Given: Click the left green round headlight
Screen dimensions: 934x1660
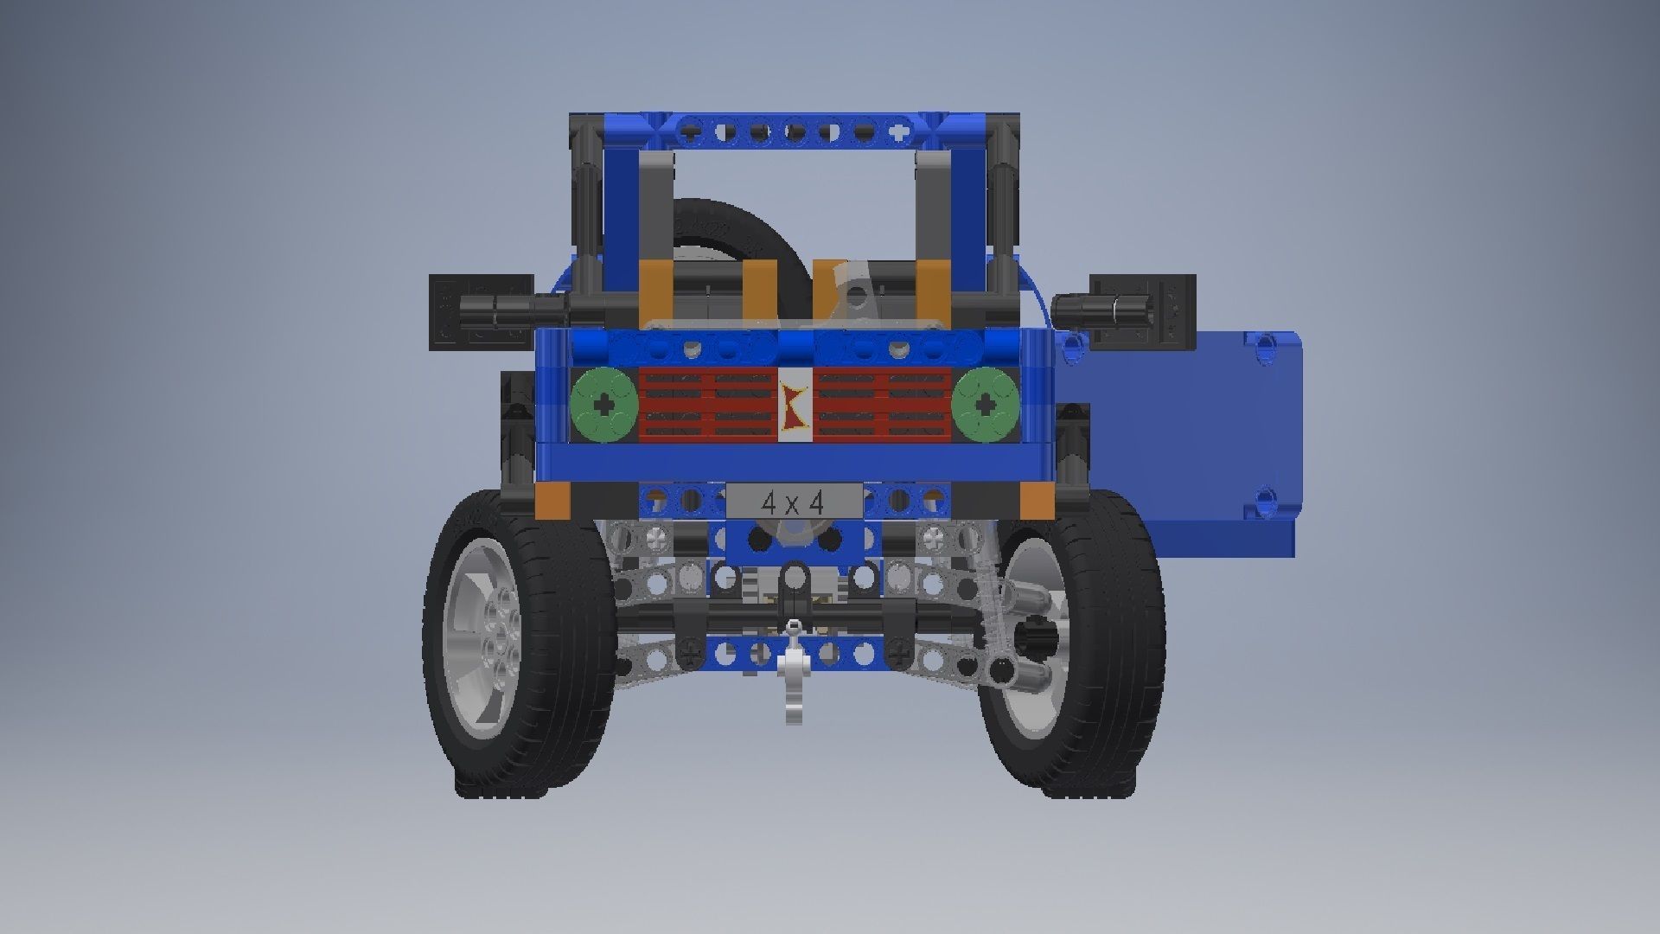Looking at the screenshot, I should coord(603,404).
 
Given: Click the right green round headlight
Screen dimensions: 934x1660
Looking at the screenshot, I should coord(986,404).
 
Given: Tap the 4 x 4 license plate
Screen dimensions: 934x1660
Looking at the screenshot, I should coord(793,502).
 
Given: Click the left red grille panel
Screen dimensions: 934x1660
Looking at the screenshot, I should coord(708,404).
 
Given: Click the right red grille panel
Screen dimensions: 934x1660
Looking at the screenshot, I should coord(883,404).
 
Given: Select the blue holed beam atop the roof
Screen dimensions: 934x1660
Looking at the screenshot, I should coord(793,132).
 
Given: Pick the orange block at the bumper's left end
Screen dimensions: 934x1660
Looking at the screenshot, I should coord(551,501).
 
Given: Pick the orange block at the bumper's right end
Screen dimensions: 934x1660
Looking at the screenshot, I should coord(1036,501).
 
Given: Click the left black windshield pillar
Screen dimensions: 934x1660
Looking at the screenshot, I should coord(585,208).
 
